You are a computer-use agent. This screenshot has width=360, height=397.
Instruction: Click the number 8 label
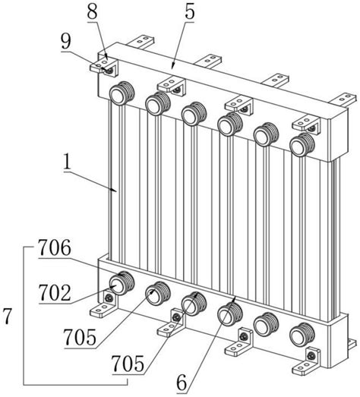tap(92, 11)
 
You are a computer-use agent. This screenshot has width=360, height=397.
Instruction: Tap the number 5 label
tap(189, 11)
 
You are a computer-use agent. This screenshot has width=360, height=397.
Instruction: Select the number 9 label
tap(66, 41)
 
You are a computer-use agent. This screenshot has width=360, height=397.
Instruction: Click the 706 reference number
tap(55, 248)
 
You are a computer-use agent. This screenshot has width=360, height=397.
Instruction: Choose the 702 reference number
tap(55, 292)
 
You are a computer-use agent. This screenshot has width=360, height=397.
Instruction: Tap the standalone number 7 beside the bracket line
tap(7, 316)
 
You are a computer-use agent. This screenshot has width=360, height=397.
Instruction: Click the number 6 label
tap(182, 383)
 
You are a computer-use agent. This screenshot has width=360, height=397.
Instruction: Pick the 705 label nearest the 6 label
tap(128, 364)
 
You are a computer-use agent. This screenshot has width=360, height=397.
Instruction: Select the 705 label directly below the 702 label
tap(80, 337)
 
